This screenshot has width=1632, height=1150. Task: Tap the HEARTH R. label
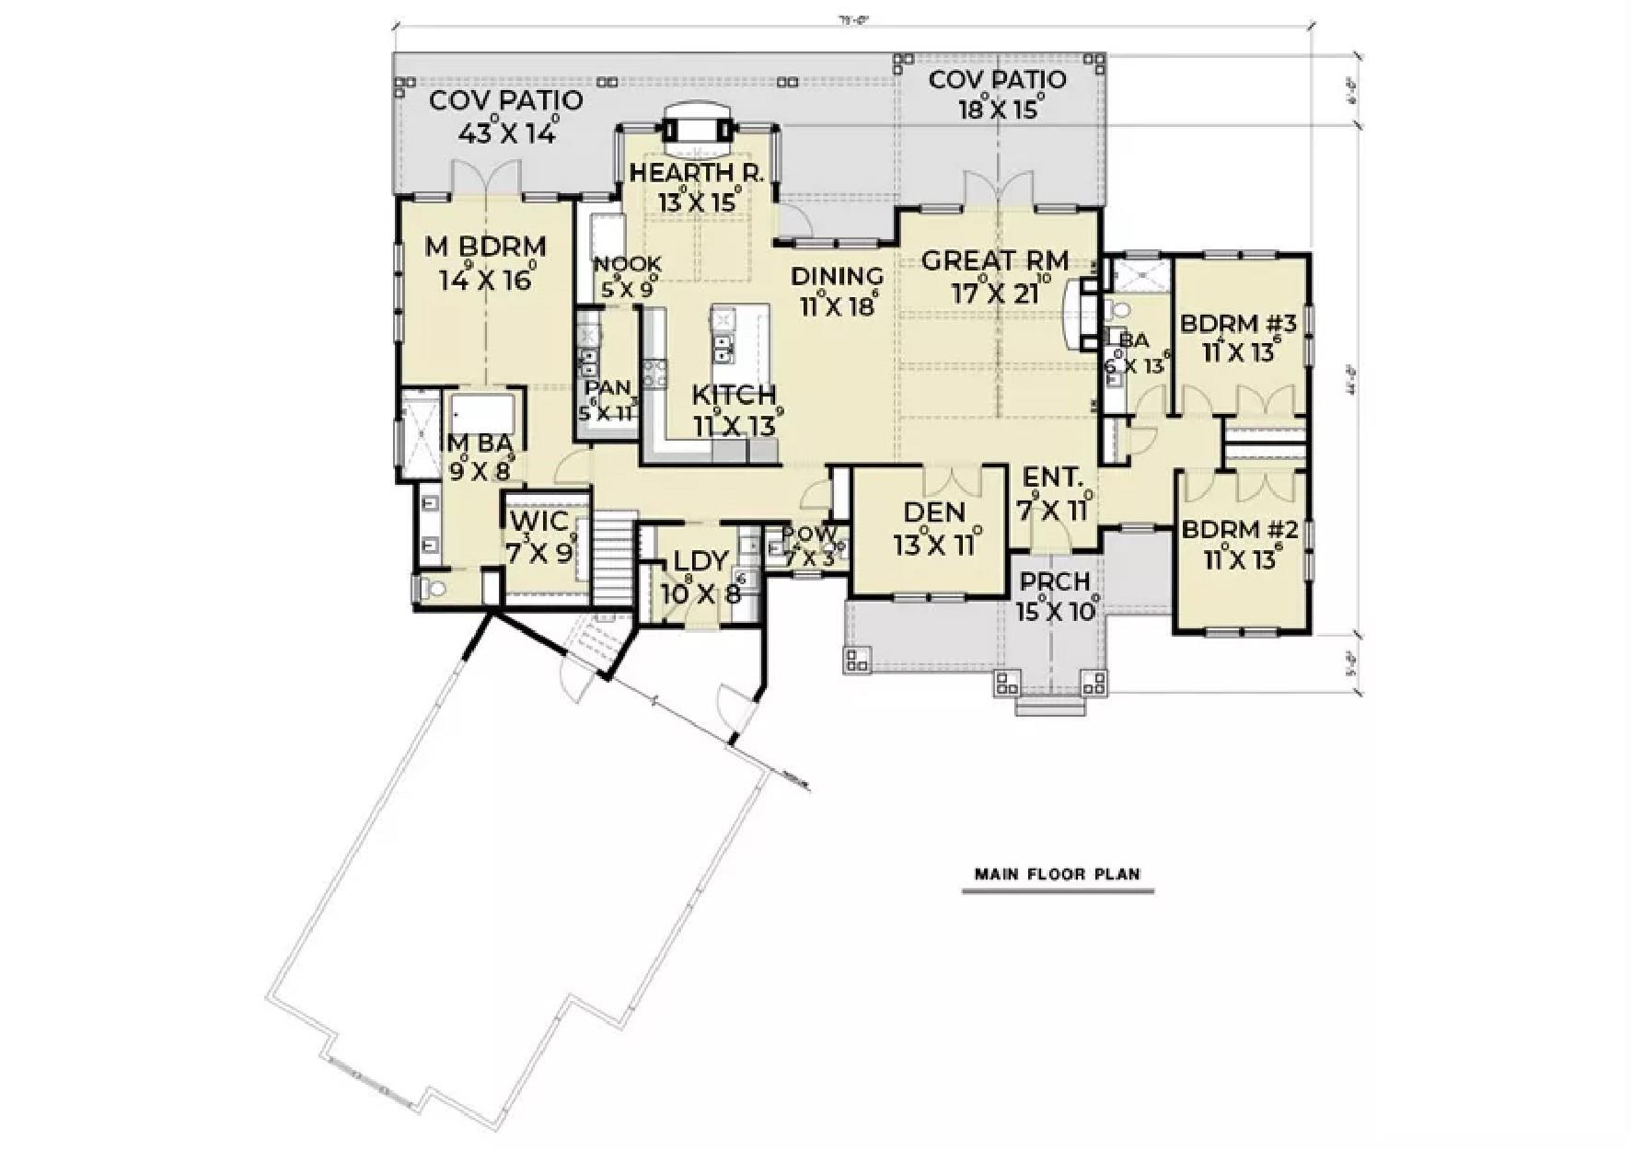tap(697, 173)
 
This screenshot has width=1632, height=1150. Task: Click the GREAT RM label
tap(995, 260)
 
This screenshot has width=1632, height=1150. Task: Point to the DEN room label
tap(933, 512)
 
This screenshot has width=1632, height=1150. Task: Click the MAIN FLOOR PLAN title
tap(1058, 874)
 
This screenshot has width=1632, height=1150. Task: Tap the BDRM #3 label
tap(1238, 324)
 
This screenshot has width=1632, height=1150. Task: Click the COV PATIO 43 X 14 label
tap(506, 100)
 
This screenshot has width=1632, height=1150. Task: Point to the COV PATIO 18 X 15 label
tap(997, 80)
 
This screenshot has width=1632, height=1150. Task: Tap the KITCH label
tap(734, 396)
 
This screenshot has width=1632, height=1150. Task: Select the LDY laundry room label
tap(701, 561)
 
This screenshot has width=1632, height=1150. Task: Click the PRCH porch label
tap(1055, 582)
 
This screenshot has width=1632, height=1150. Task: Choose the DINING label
tap(837, 276)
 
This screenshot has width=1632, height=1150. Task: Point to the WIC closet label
tap(538, 523)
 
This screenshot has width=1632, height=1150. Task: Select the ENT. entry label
tap(1053, 477)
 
